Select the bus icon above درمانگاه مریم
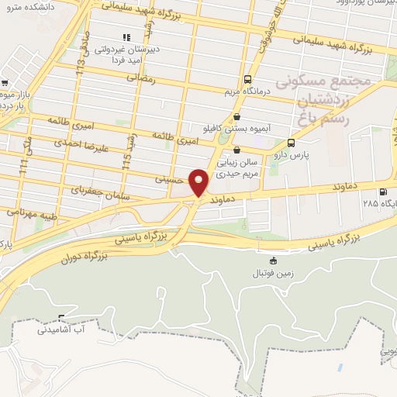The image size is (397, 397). tap(247, 79)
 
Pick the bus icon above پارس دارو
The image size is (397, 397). tap(291, 143)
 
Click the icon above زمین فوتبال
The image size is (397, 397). tap(272, 261)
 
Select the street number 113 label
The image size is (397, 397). tap(81, 74)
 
